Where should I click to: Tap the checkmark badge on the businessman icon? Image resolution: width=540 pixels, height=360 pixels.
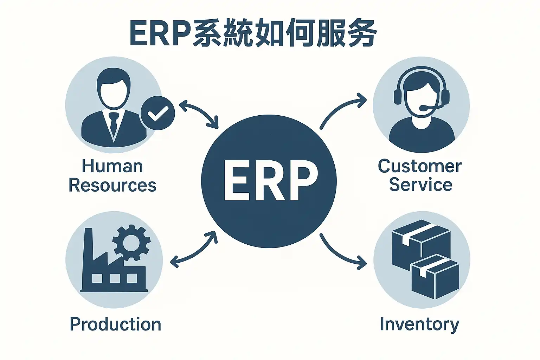(157, 113)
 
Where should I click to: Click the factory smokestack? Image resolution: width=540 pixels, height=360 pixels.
(88, 246)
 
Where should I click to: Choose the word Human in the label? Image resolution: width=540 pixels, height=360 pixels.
(112, 166)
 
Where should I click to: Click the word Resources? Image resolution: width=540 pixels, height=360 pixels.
(112, 185)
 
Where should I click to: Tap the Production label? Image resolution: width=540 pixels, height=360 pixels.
(115, 324)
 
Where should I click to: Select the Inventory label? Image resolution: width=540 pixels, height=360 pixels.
(419, 324)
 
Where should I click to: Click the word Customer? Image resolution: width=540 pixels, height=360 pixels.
(419, 166)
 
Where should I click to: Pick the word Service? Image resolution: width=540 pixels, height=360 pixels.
(420, 185)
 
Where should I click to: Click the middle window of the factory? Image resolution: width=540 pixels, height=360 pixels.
(115, 278)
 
